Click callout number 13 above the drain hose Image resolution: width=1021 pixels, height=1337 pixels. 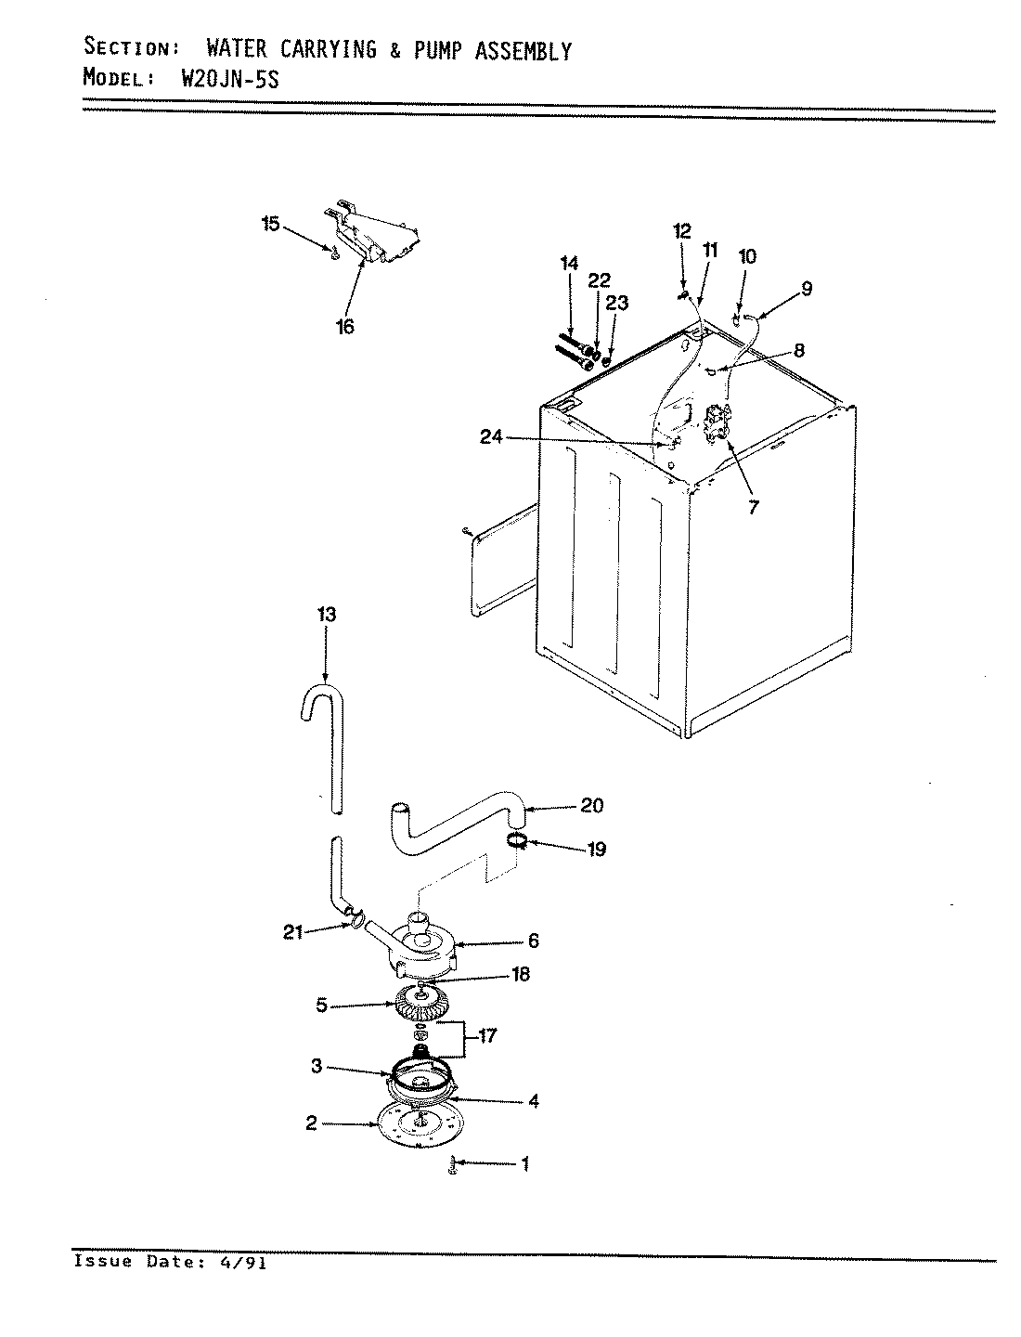point(326,615)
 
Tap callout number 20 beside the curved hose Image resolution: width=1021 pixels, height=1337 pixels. point(591,805)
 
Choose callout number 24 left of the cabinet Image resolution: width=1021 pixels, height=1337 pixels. point(492,437)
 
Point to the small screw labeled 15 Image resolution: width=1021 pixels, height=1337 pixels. point(332,249)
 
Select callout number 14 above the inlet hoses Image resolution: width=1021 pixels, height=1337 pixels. point(569,264)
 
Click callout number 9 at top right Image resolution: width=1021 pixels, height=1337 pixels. point(806,289)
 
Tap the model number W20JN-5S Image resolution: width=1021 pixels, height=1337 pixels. point(227,79)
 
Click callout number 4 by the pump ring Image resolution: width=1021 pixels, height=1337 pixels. point(533,1101)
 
